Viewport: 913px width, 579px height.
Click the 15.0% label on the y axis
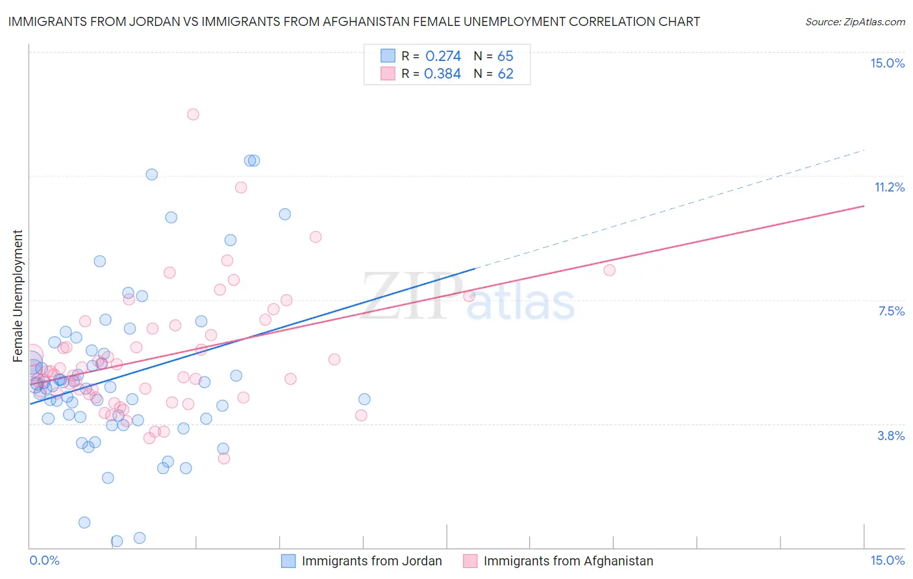pyautogui.click(x=887, y=63)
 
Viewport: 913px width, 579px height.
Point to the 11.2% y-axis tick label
pyautogui.click(x=889, y=187)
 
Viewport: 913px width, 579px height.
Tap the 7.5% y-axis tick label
pyautogui.click(x=891, y=311)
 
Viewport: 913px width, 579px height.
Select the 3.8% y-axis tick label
pyautogui.click(x=891, y=436)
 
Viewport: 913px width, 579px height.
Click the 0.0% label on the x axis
pyautogui.click(x=44, y=560)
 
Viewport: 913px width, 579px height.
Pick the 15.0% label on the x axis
pyautogui.click(x=887, y=560)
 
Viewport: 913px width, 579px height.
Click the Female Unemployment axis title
pyautogui.click(x=18, y=296)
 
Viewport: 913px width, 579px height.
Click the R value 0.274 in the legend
pyautogui.click(x=443, y=56)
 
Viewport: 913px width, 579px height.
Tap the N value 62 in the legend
pyautogui.click(x=505, y=74)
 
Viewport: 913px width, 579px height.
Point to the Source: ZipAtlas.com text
pyautogui.click(x=855, y=22)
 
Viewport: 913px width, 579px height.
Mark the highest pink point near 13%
pyautogui.click(x=193, y=114)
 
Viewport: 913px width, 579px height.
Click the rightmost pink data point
pyautogui.click(x=609, y=270)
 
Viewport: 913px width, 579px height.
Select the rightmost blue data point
pyautogui.click(x=364, y=399)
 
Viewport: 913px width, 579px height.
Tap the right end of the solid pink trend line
pyautogui.click(x=864, y=206)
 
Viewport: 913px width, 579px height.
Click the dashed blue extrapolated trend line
pyautogui.click(x=669, y=209)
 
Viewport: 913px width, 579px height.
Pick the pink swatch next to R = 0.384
pyautogui.click(x=388, y=74)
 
